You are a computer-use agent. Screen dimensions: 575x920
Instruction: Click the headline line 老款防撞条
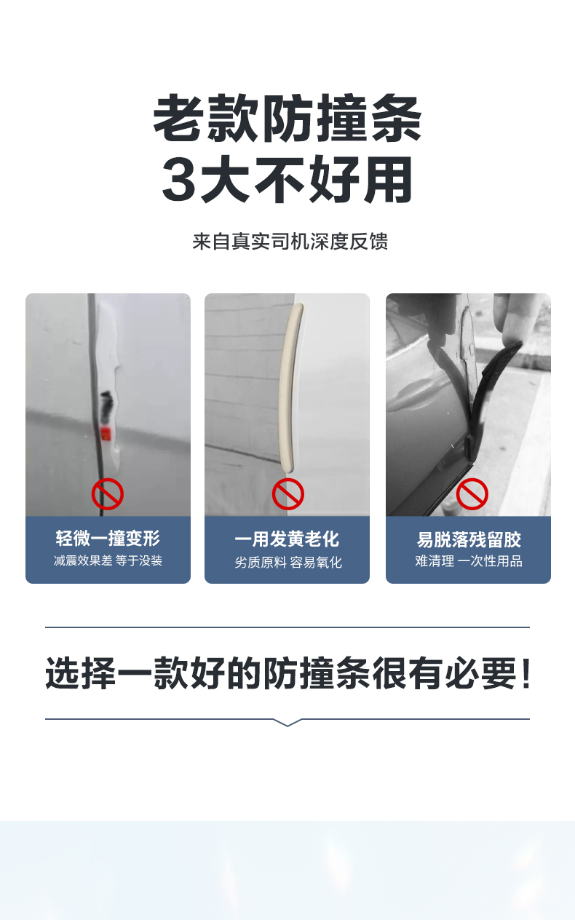[x=287, y=118]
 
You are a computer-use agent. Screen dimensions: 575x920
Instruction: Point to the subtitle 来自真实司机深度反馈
[x=290, y=241]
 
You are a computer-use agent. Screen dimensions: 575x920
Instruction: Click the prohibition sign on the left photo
[x=108, y=493]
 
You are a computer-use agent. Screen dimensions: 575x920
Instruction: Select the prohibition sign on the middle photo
[x=288, y=493]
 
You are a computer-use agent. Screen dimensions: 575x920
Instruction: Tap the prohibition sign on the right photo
[x=472, y=493]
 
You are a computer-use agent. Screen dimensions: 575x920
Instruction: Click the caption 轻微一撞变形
[x=108, y=538]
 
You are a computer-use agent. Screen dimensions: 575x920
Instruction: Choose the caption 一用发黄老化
[x=287, y=539]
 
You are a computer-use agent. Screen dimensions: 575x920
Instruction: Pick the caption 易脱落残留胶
[x=469, y=539]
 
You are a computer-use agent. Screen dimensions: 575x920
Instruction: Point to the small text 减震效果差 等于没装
[x=108, y=560]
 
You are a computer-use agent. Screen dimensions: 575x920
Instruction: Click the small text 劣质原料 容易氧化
[x=288, y=563]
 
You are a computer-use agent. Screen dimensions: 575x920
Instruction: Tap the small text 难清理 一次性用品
[x=469, y=561]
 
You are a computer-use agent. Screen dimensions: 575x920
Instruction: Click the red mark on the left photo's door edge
[x=106, y=434]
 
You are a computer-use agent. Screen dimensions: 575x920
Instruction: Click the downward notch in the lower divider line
[x=287, y=723]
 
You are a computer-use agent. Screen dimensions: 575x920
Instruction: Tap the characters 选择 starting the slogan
[x=81, y=673]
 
